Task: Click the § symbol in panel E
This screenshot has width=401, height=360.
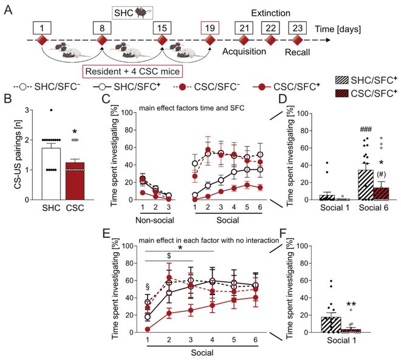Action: click(x=148, y=285)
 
